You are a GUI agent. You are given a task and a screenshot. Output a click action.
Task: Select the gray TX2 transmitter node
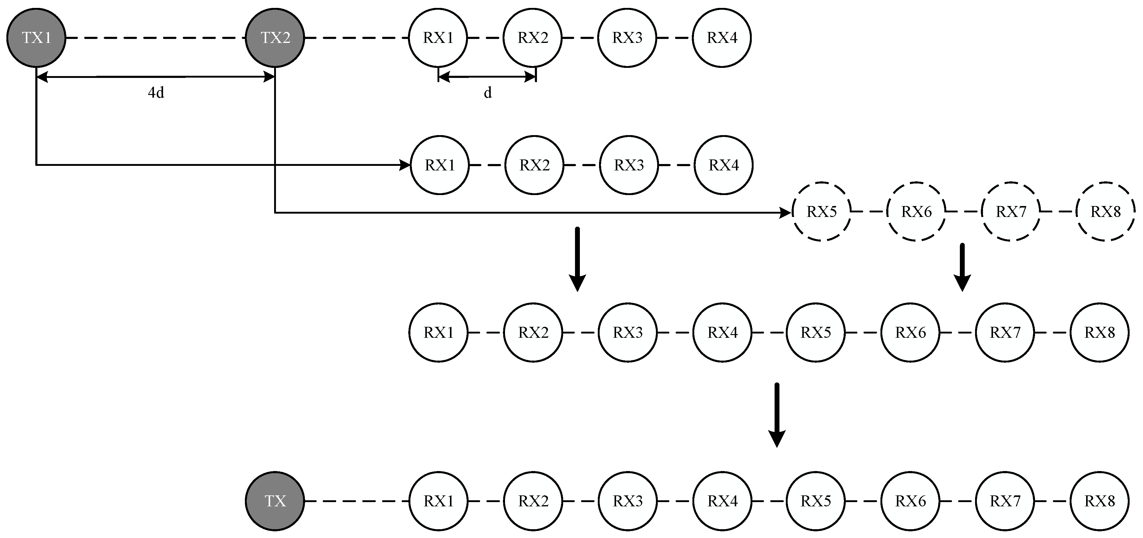(x=275, y=38)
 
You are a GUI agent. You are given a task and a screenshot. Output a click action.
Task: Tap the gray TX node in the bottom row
(x=275, y=501)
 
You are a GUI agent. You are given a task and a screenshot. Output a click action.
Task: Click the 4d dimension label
(x=156, y=93)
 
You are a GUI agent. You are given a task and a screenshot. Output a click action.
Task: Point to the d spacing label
(x=487, y=93)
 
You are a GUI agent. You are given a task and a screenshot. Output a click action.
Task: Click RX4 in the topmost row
(x=722, y=38)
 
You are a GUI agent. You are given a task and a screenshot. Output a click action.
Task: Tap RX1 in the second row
(x=440, y=165)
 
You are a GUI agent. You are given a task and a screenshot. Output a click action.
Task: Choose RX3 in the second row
(x=629, y=165)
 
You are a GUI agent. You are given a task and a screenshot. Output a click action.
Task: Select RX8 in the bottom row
(x=1099, y=501)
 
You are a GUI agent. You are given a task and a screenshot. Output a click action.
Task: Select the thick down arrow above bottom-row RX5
(x=776, y=415)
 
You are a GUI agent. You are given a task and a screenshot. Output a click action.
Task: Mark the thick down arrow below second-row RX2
(x=577, y=260)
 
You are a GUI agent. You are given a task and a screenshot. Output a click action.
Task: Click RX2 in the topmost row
(x=532, y=38)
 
